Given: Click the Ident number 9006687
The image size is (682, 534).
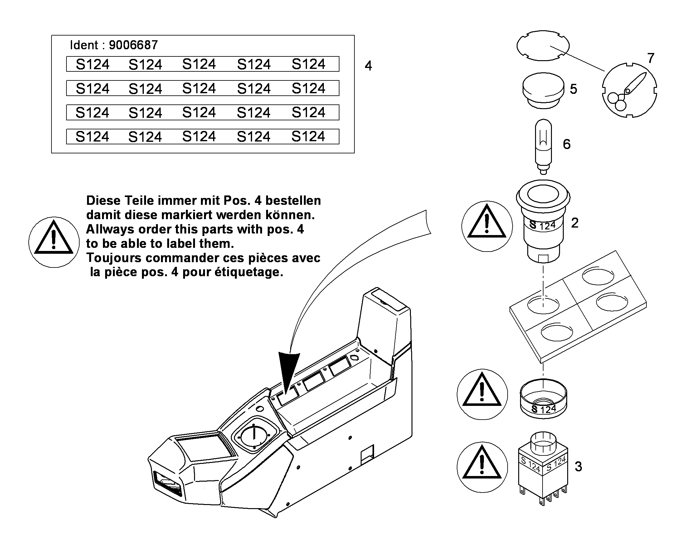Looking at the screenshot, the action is click(133, 45).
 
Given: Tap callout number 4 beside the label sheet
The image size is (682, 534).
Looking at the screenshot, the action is click(368, 66).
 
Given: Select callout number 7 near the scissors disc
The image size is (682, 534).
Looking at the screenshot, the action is click(651, 58).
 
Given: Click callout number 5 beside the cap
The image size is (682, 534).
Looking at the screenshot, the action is click(573, 89).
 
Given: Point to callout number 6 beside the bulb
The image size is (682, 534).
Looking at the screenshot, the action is click(567, 144).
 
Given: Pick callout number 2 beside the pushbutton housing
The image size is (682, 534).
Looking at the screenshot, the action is click(575, 223).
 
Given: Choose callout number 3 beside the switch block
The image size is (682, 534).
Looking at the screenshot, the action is click(578, 466).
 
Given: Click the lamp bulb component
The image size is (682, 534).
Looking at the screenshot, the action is click(543, 146).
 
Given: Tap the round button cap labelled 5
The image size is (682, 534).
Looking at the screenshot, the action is click(543, 91).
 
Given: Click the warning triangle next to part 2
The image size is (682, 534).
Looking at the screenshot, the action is click(487, 221).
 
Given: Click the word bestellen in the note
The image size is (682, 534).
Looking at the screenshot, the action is click(293, 200).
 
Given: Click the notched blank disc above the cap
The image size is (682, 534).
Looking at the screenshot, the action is click(543, 46).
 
